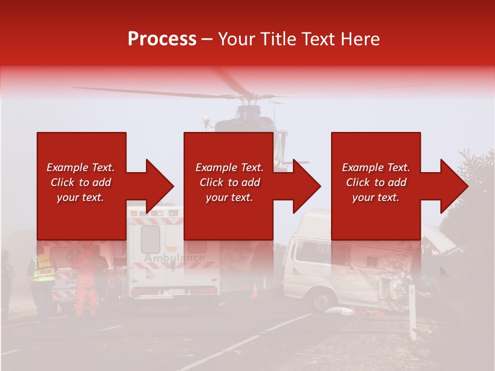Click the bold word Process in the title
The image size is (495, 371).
point(162,39)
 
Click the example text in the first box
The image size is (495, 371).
point(81,182)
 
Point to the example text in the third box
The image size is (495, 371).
point(376,182)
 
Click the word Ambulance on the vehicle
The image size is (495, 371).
point(174,258)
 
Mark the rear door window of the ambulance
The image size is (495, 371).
point(150,239)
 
